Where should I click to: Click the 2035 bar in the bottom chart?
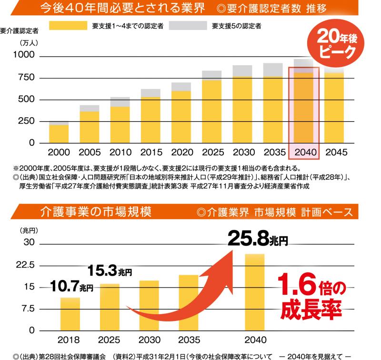pyautogui.click(x=189, y=302)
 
